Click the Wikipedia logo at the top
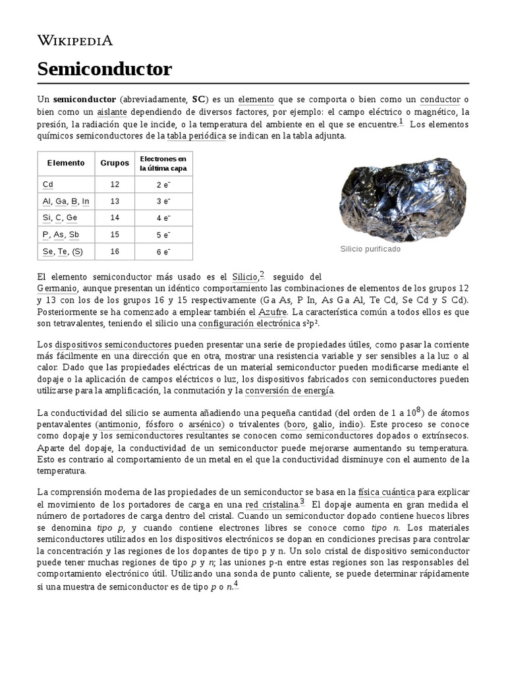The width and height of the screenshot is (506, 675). (x=75, y=40)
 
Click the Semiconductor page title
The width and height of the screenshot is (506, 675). (x=105, y=69)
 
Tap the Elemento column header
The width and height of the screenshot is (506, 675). (x=66, y=163)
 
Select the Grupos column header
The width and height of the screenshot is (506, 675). (x=115, y=163)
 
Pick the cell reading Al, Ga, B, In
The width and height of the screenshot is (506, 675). (x=66, y=201)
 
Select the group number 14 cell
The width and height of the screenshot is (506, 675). (x=115, y=218)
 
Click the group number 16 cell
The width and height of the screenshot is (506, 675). (x=115, y=251)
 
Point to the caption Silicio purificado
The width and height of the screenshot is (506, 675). (x=370, y=249)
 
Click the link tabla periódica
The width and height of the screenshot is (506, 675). (x=196, y=136)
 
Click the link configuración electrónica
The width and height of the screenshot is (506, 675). (x=249, y=324)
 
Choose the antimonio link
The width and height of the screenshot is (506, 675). (x=117, y=425)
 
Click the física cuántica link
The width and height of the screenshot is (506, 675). (x=386, y=492)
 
